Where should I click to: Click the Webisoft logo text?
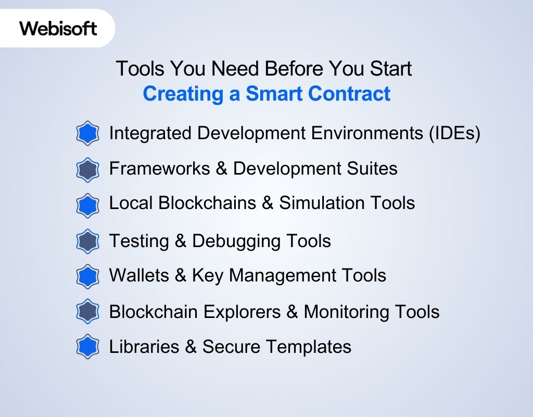point(58,28)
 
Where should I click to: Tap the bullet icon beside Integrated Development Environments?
point(87,134)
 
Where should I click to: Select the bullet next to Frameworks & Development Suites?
point(87,169)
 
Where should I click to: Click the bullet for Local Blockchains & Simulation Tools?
point(87,205)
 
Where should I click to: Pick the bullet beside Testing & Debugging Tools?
point(87,241)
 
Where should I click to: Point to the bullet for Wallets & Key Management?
point(87,276)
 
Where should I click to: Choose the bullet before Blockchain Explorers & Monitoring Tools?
point(87,312)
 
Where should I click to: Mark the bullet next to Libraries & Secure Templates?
point(87,347)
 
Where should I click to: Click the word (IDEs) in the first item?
point(454,133)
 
